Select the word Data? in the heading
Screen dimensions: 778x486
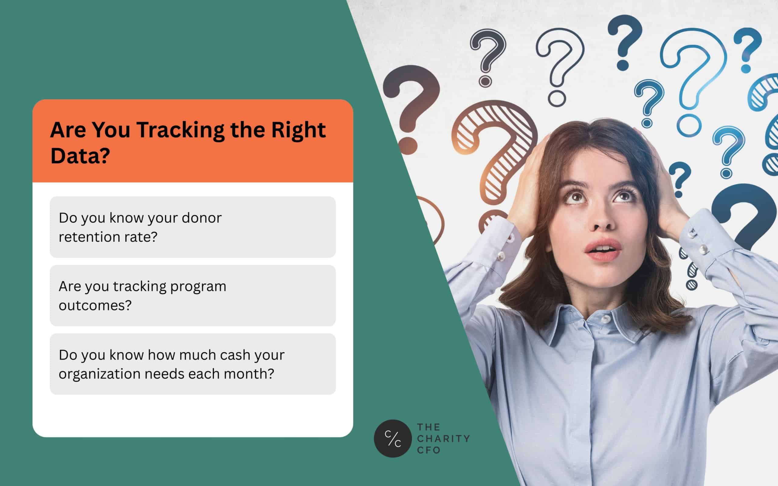[x=80, y=156]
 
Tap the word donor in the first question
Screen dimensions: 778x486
[x=201, y=218]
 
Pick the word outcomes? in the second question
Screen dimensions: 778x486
[x=95, y=305]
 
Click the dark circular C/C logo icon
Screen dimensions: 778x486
[x=393, y=438]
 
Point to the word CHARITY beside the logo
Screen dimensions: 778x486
[x=444, y=438]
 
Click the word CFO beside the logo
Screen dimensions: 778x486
[x=429, y=450]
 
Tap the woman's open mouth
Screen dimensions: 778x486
[x=602, y=250]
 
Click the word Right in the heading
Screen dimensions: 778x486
[x=298, y=131]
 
